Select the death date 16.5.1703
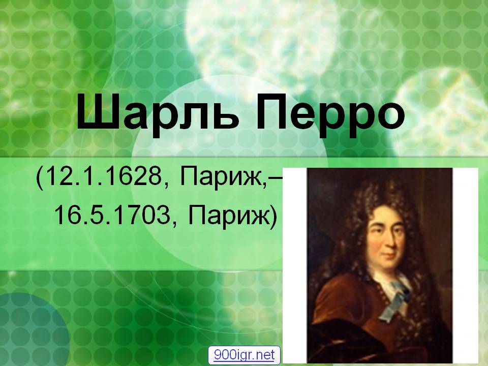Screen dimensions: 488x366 pos(112,216)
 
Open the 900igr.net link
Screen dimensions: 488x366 pos(245,355)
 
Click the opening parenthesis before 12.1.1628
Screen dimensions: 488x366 pos(39,179)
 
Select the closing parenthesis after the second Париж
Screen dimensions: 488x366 pos(273,217)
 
